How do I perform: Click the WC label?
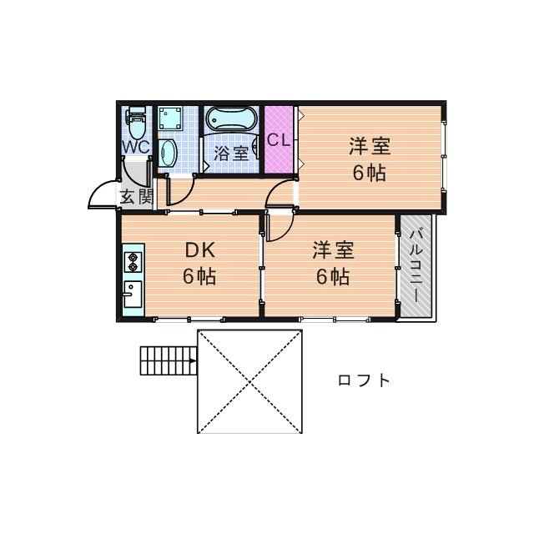135,146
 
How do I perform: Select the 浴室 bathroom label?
229,154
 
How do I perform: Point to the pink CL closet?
279,139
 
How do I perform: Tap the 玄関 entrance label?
135,198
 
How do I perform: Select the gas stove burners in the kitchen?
132,263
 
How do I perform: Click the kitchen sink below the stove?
132,293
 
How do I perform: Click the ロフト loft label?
364,380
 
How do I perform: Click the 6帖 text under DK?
200,277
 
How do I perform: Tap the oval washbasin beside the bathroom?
168,154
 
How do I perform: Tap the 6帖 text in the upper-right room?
370,174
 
